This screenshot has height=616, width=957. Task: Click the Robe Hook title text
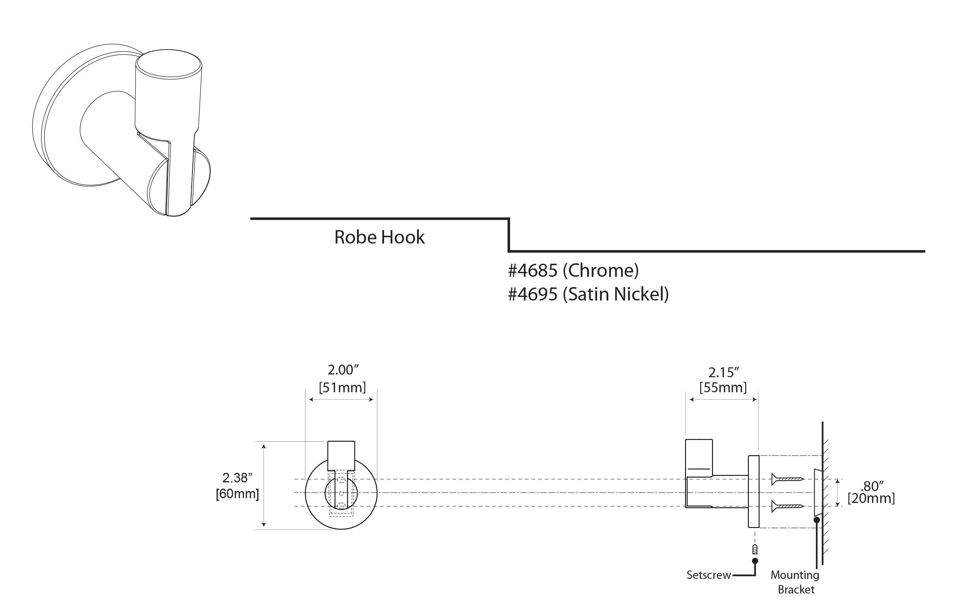click(x=379, y=237)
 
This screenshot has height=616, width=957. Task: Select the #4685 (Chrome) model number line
click(x=573, y=271)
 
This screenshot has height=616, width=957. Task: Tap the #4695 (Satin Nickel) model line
click(x=588, y=295)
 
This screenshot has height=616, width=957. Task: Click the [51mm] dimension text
click(x=342, y=387)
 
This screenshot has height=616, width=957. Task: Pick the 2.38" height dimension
click(x=237, y=478)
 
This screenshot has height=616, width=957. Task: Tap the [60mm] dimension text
click(x=237, y=494)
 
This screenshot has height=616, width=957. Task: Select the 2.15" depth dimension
click(x=723, y=373)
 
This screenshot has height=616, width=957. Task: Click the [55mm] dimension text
click(x=723, y=387)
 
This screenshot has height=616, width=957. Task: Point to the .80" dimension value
click(x=871, y=486)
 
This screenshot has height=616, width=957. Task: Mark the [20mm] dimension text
click(x=871, y=499)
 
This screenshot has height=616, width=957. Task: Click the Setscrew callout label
click(x=708, y=575)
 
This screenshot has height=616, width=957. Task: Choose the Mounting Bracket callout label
click(x=795, y=582)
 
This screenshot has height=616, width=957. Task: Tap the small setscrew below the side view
click(x=755, y=550)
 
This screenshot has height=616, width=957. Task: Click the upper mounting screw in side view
click(x=787, y=479)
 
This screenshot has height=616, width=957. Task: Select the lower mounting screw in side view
click(x=787, y=507)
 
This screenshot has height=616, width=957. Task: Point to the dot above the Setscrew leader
click(x=755, y=561)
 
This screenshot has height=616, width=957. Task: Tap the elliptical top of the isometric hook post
click(x=169, y=67)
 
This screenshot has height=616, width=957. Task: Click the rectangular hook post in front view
click(x=341, y=456)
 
